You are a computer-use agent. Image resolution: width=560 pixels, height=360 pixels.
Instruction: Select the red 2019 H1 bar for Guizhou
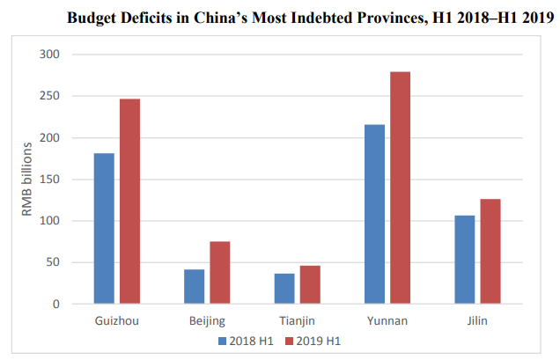point(129,202)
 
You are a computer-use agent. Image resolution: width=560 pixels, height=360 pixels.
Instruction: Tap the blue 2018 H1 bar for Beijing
point(195,287)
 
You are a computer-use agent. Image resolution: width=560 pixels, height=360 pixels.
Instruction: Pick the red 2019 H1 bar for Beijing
point(220,273)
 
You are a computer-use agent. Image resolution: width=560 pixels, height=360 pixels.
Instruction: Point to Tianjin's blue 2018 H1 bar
point(284,289)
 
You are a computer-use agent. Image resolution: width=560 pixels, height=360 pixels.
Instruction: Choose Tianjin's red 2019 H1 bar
point(310,285)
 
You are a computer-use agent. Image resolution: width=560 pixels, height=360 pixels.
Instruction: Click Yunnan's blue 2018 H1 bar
point(374,215)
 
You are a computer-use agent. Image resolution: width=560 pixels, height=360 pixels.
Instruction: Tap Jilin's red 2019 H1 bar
point(490,252)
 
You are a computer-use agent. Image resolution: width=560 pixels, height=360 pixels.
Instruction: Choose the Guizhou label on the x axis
point(116,320)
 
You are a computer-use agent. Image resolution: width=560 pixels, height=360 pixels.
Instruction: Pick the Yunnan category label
point(387,320)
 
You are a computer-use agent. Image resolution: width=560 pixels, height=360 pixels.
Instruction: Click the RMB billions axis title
point(26,179)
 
